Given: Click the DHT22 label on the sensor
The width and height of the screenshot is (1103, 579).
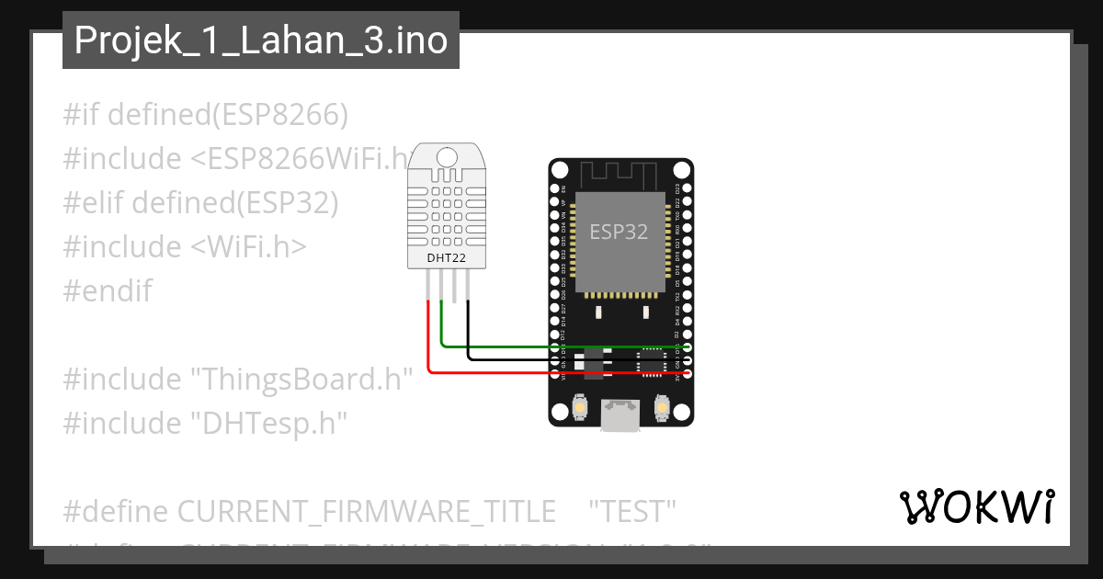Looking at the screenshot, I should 446,258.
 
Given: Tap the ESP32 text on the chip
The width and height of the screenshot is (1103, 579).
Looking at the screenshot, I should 619,233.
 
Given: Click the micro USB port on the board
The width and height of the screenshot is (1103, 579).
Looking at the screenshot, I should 620,414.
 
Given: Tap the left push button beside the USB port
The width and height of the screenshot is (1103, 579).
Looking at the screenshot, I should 581,405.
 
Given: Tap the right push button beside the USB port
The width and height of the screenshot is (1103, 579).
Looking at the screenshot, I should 660,405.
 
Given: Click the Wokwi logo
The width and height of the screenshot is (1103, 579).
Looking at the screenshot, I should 976,507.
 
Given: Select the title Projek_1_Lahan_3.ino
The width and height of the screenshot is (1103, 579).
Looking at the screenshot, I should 261,40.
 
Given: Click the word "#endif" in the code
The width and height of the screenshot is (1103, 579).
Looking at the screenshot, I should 108,291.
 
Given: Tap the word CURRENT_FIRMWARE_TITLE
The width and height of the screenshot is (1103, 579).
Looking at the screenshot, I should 366,510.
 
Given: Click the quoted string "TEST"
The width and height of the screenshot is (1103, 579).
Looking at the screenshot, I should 632,510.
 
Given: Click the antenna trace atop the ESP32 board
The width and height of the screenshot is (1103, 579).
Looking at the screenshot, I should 620,171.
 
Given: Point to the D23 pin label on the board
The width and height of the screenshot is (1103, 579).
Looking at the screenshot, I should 677,188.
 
